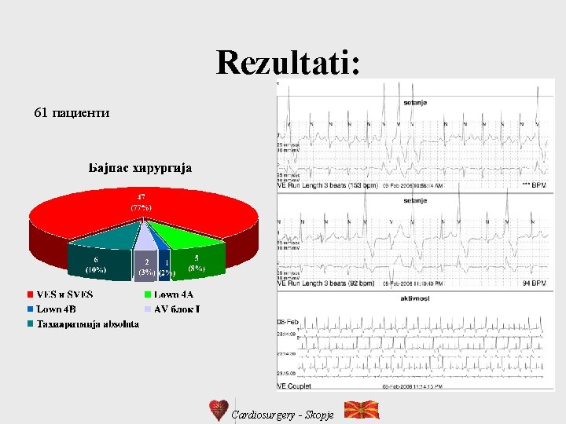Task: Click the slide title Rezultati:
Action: [x=289, y=63]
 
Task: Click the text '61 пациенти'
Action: [x=72, y=113]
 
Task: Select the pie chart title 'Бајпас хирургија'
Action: [x=140, y=167]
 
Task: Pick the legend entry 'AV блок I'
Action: [x=176, y=309]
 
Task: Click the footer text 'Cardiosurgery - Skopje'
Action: [x=282, y=414]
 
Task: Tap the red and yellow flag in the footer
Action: [x=362, y=410]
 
